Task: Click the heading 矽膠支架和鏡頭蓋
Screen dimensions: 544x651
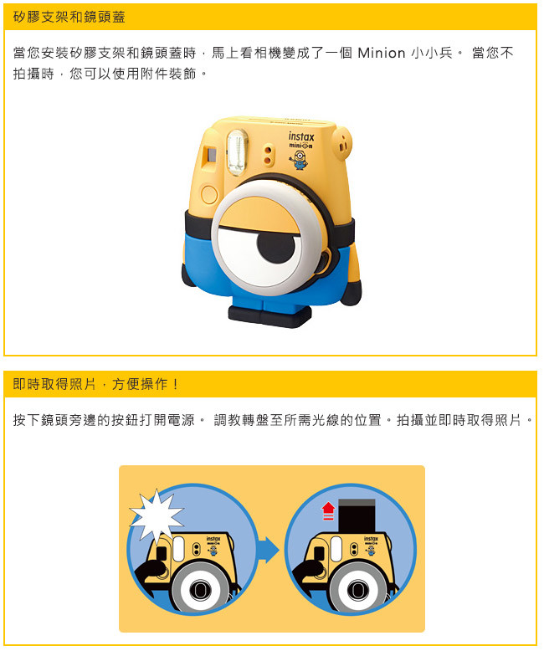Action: tap(69, 17)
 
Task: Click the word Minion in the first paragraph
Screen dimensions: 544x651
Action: tap(381, 54)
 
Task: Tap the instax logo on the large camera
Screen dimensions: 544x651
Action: tap(301, 136)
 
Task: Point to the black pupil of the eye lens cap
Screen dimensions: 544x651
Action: tap(275, 245)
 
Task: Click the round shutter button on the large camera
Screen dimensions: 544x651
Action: tap(209, 194)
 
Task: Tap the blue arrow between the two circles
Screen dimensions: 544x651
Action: tap(269, 550)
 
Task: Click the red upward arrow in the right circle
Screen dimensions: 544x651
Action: tap(328, 510)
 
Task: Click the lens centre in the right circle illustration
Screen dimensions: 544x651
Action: tap(358, 589)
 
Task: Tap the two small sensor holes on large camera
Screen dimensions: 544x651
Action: tap(269, 155)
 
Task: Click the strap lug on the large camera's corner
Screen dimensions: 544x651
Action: tap(342, 144)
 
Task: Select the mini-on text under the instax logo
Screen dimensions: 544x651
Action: tap(301, 146)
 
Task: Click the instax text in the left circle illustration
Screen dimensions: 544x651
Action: tap(213, 539)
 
